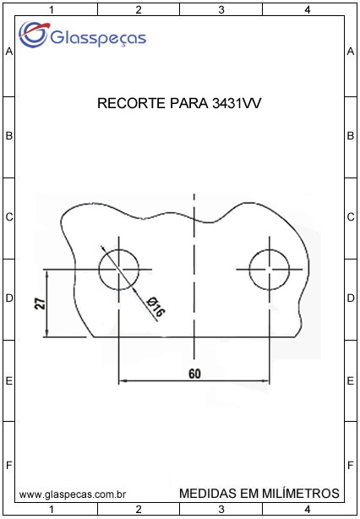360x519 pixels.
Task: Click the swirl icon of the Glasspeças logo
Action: pos(34,34)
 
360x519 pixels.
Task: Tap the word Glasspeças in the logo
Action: pos(98,37)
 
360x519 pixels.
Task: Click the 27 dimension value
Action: pos(40,303)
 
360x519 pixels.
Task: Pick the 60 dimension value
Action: pos(194,374)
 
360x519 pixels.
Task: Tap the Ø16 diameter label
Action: pos(156,306)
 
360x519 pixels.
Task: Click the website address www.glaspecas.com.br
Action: pos(72,495)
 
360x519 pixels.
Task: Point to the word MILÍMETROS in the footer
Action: pos(301,493)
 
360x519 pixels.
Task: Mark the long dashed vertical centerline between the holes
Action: pos(194,276)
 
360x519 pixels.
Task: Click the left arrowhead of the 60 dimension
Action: pos(122,381)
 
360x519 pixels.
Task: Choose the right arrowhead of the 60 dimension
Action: pos(266,381)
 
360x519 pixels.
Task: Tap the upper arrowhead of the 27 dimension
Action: pos(47,273)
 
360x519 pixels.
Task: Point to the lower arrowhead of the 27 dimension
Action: pos(47,334)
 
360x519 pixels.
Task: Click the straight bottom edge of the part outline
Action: pos(194,337)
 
